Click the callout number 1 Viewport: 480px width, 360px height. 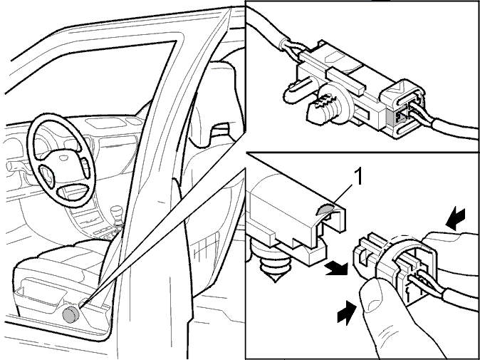(358, 177)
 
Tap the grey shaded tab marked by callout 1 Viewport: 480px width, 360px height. (325, 210)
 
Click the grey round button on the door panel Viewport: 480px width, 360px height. (71, 314)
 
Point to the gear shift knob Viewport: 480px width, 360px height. (116, 212)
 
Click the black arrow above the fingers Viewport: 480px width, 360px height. (456, 219)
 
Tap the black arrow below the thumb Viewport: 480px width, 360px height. (347, 312)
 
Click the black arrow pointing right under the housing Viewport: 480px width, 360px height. (336, 268)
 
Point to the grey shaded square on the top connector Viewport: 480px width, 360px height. (392, 118)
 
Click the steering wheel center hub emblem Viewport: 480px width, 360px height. (63, 158)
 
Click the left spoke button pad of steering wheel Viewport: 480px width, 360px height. (46, 175)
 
